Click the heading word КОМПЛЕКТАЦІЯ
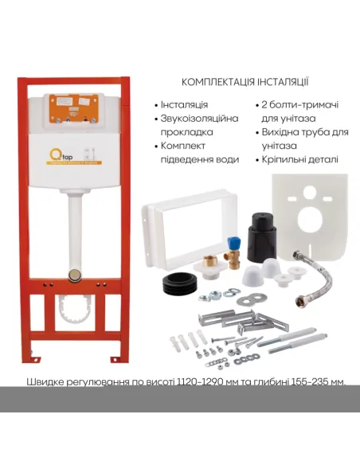point(220,82)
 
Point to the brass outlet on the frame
point(74,273)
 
